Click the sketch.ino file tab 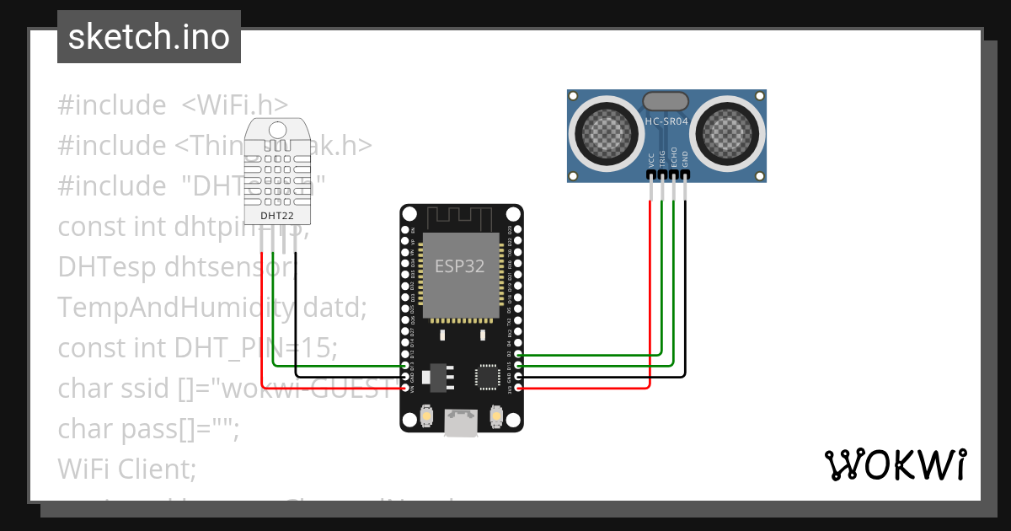[148, 37]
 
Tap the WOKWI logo [894, 464]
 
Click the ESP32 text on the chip [459, 266]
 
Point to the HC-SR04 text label [666, 122]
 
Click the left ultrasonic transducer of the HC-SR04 [604, 131]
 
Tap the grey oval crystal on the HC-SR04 [666, 101]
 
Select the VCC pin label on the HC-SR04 [651, 159]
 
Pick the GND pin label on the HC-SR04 [685, 159]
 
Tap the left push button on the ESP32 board [427, 416]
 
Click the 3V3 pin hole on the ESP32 [518, 388]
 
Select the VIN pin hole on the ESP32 [406, 388]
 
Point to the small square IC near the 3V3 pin [487, 376]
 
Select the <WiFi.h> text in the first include [234, 105]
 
